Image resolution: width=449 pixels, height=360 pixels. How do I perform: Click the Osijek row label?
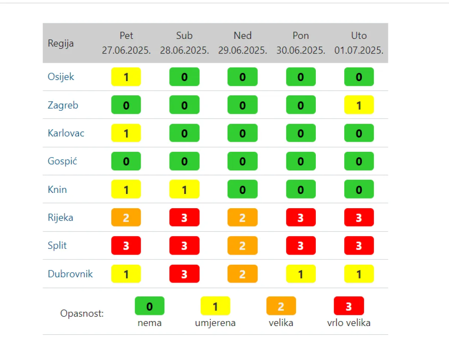pyautogui.click(x=61, y=77)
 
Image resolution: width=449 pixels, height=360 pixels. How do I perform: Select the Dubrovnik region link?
pyautogui.click(x=70, y=274)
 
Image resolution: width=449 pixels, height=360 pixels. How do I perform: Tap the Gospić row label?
pyautogui.click(x=62, y=161)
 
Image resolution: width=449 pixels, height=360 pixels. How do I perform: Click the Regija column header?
pyautogui.click(x=61, y=43)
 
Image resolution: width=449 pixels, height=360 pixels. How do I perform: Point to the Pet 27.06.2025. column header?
pyautogui.click(x=126, y=43)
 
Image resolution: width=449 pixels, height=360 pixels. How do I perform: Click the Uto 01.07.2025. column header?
pyautogui.click(x=359, y=43)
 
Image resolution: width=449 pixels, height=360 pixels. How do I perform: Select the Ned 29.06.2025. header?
pyautogui.click(x=242, y=43)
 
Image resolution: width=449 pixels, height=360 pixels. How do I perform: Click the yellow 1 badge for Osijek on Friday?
pyautogui.click(x=126, y=77)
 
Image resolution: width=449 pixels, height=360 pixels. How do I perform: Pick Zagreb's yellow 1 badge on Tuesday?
pyautogui.click(x=359, y=105)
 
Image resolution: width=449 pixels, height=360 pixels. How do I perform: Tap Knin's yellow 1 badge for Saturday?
pyautogui.click(x=184, y=190)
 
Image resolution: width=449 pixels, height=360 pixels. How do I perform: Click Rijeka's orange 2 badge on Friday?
pyautogui.click(x=126, y=218)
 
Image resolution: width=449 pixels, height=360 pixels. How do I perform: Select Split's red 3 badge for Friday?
pyautogui.click(x=126, y=246)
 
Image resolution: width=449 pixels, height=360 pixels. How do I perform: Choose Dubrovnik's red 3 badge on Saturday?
pyautogui.click(x=184, y=274)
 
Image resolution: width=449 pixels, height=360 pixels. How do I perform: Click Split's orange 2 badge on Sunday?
pyautogui.click(x=242, y=246)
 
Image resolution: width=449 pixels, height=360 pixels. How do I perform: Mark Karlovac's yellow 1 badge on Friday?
pyautogui.click(x=126, y=133)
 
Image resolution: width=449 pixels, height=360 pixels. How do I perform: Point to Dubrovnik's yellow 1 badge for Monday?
pyautogui.click(x=301, y=274)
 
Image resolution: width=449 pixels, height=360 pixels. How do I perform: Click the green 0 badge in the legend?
pyautogui.click(x=149, y=306)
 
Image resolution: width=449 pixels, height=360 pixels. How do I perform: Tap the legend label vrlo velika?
pyautogui.click(x=349, y=323)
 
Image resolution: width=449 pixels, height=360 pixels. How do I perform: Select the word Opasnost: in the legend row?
pyautogui.click(x=82, y=313)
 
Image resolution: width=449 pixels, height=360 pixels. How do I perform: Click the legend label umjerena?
pyautogui.click(x=215, y=323)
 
